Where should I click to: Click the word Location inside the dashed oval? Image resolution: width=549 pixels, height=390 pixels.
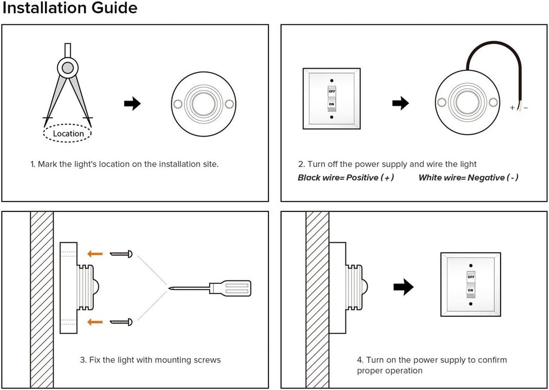point(68,133)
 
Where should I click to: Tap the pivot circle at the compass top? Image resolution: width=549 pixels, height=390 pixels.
point(67,68)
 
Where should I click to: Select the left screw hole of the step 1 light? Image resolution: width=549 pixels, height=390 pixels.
point(177,103)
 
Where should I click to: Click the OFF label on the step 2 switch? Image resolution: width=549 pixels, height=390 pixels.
point(332,91)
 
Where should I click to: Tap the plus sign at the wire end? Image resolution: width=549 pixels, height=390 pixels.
point(512,108)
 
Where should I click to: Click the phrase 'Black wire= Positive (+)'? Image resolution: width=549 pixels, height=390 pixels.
point(346,177)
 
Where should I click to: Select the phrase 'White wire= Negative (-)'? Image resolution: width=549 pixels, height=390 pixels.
point(468,177)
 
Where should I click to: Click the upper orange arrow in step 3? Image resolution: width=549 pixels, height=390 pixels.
point(96,253)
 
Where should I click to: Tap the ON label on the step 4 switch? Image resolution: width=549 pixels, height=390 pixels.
point(470,291)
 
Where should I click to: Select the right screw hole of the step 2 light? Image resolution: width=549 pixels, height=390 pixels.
point(493,102)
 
